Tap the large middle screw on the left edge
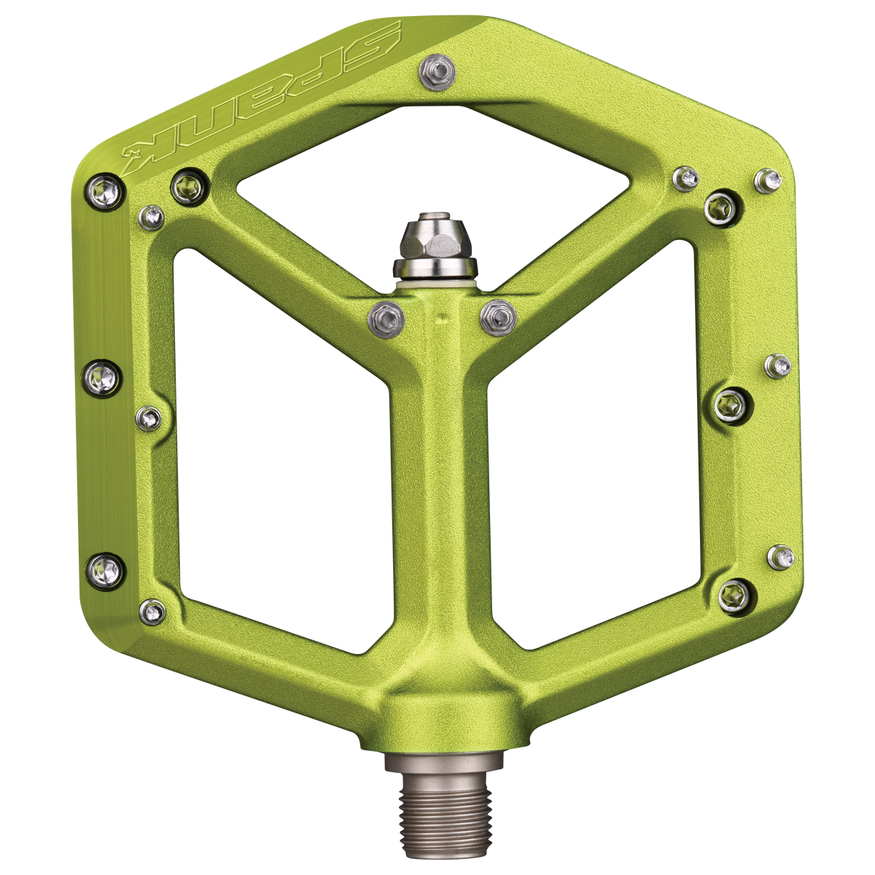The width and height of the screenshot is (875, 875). [102, 378]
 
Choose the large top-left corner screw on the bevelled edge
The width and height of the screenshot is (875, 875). [105, 192]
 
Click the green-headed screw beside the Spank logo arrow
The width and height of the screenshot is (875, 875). [190, 187]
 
